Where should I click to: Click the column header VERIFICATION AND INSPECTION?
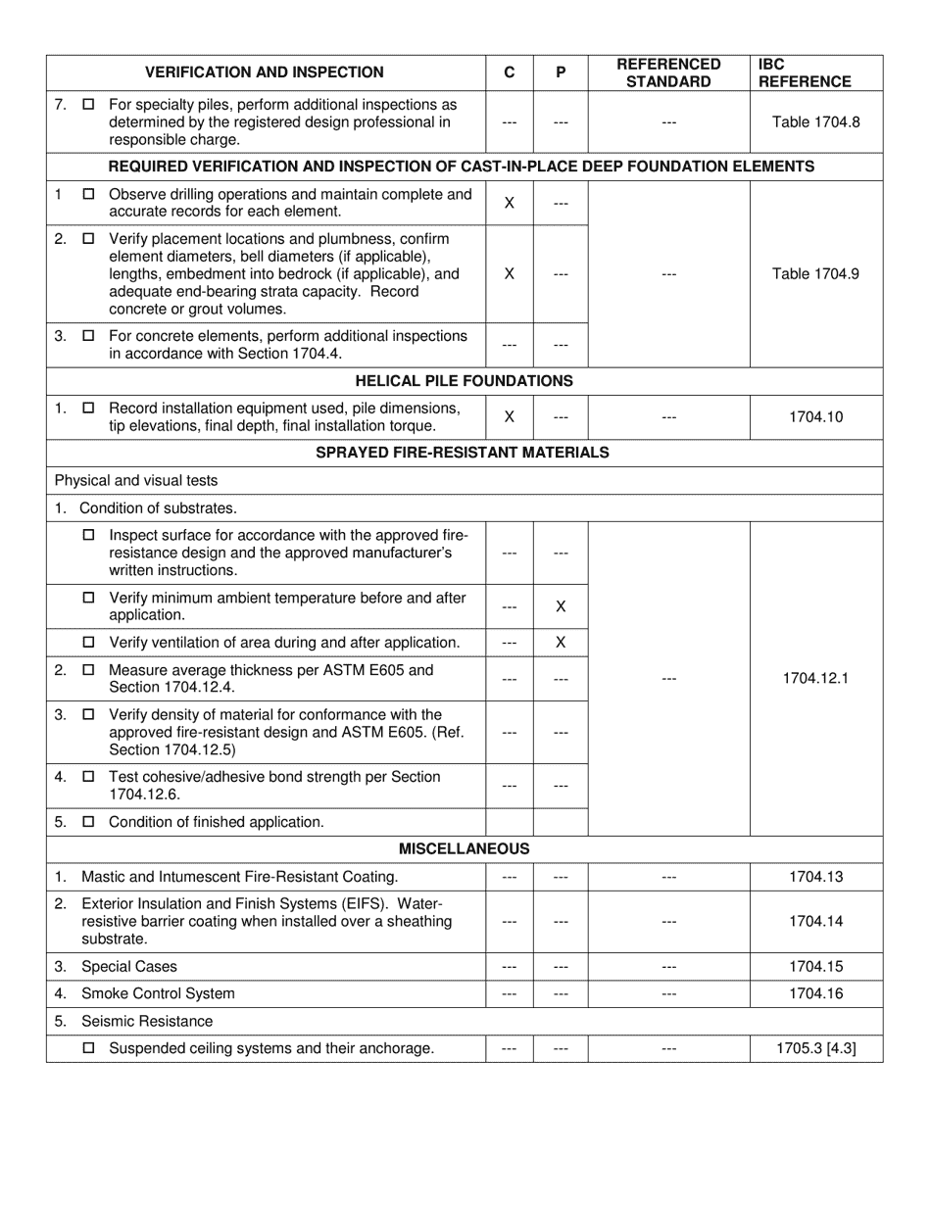point(265,72)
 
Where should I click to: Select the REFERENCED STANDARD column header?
point(668,72)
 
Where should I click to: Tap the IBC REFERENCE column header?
point(804,72)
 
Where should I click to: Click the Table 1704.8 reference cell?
point(815,122)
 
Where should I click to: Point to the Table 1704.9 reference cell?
point(815,274)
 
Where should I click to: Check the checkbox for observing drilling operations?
point(89,195)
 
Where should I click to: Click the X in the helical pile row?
point(510,417)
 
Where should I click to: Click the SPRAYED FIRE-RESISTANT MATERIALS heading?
point(463,453)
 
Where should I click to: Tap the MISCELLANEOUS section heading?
point(464,849)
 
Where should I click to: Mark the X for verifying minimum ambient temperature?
point(561,607)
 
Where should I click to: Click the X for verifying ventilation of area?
point(561,643)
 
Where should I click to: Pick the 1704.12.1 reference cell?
point(815,678)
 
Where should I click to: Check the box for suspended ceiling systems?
point(89,1048)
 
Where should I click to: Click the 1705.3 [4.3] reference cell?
point(815,1048)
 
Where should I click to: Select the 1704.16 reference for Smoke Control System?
point(815,993)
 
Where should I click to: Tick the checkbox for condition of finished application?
point(89,822)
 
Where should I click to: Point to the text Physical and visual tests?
point(136,481)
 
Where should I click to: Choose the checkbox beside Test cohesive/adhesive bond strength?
point(89,777)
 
